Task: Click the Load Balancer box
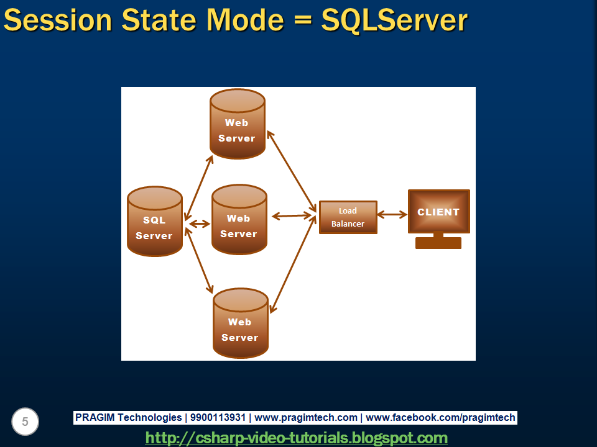tap(348, 217)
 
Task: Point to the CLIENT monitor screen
tap(438, 212)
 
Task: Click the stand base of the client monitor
tap(438, 243)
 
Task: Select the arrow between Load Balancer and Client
tap(392, 215)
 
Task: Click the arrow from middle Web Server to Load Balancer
tap(292, 216)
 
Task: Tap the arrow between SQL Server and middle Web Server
tap(200, 223)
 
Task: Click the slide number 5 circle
tap(25, 422)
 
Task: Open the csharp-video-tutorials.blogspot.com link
tap(296, 438)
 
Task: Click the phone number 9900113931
tap(217, 418)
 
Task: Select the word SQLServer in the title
tap(394, 20)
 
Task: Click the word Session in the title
tap(57, 20)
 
